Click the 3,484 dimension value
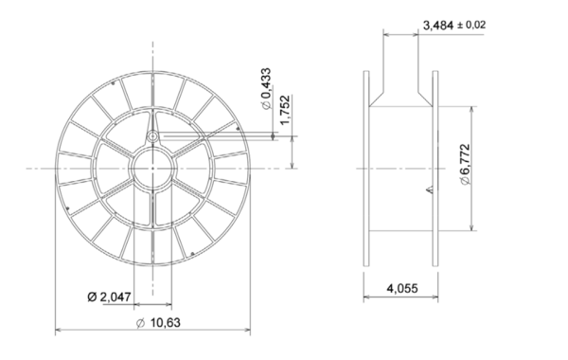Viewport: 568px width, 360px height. tap(438, 26)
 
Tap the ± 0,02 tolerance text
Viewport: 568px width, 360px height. tap(471, 25)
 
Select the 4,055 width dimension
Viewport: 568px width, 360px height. tap(402, 289)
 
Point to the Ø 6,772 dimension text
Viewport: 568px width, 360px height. tap(465, 165)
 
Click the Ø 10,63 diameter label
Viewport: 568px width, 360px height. tap(158, 322)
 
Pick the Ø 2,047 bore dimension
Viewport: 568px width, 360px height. tap(109, 297)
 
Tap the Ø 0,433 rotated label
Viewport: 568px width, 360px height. tap(266, 88)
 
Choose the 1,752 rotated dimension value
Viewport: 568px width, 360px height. tap(286, 110)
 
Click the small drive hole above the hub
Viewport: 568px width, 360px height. tap(152, 136)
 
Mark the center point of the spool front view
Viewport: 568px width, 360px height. tap(152, 169)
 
